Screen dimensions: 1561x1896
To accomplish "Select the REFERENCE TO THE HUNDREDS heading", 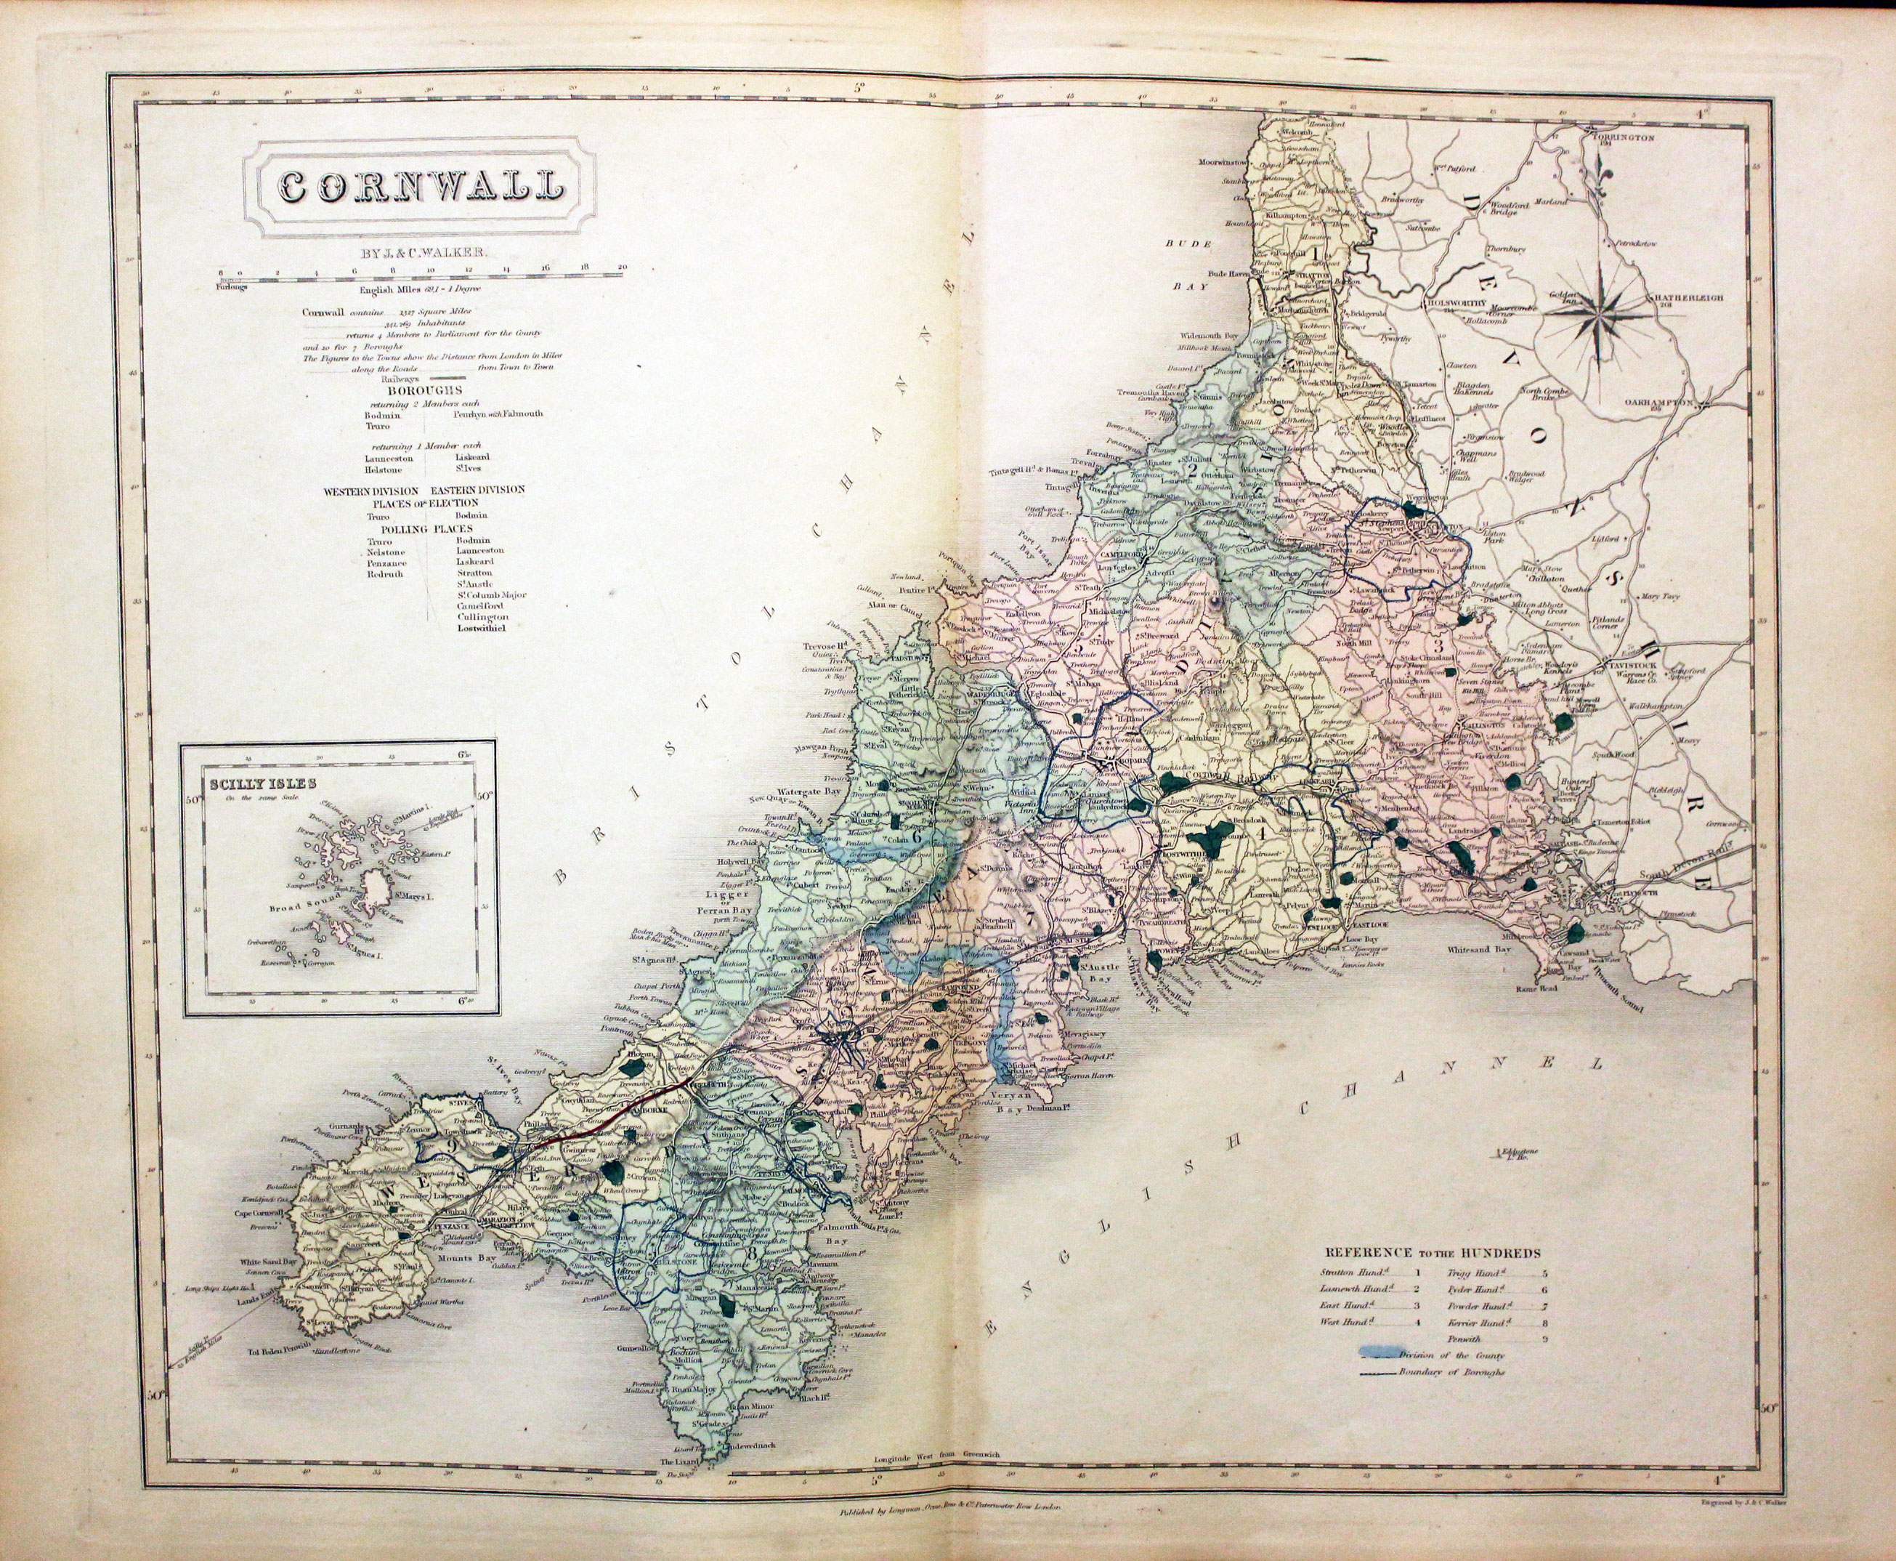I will pyautogui.click(x=1431, y=1251).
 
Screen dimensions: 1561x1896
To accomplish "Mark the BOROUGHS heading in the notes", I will pyautogui.click(x=424, y=390).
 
